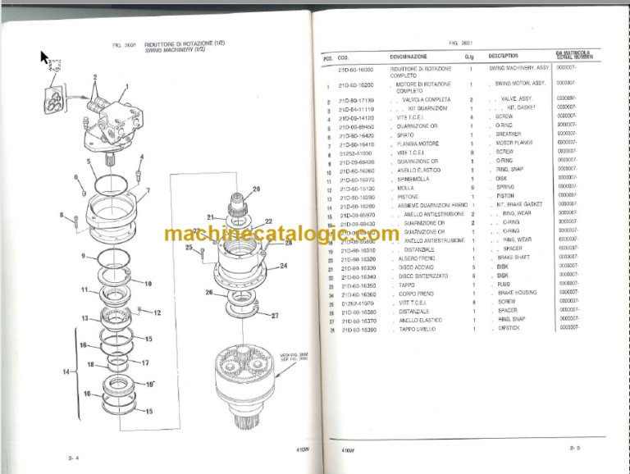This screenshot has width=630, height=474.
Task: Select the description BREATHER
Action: [x=509, y=134]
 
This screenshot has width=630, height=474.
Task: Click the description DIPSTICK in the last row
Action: [x=509, y=327]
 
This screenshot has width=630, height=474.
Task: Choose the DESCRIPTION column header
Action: [x=503, y=56]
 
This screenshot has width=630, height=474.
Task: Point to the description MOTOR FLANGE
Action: [x=515, y=143]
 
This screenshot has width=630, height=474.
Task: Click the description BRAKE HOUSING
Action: [x=517, y=292]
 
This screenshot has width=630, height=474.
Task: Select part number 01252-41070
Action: [x=355, y=302]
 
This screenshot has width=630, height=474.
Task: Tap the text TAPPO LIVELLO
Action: [x=418, y=328]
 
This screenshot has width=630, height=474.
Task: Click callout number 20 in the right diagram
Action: [x=256, y=189]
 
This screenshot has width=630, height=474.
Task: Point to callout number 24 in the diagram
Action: [x=283, y=266]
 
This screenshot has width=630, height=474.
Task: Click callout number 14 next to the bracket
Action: [x=66, y=372]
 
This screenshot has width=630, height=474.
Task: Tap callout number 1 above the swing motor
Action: [x=127, y=85]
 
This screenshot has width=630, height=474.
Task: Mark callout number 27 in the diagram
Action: [x=275, y=316]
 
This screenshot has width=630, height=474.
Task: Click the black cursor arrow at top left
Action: [x=45, y=57]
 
